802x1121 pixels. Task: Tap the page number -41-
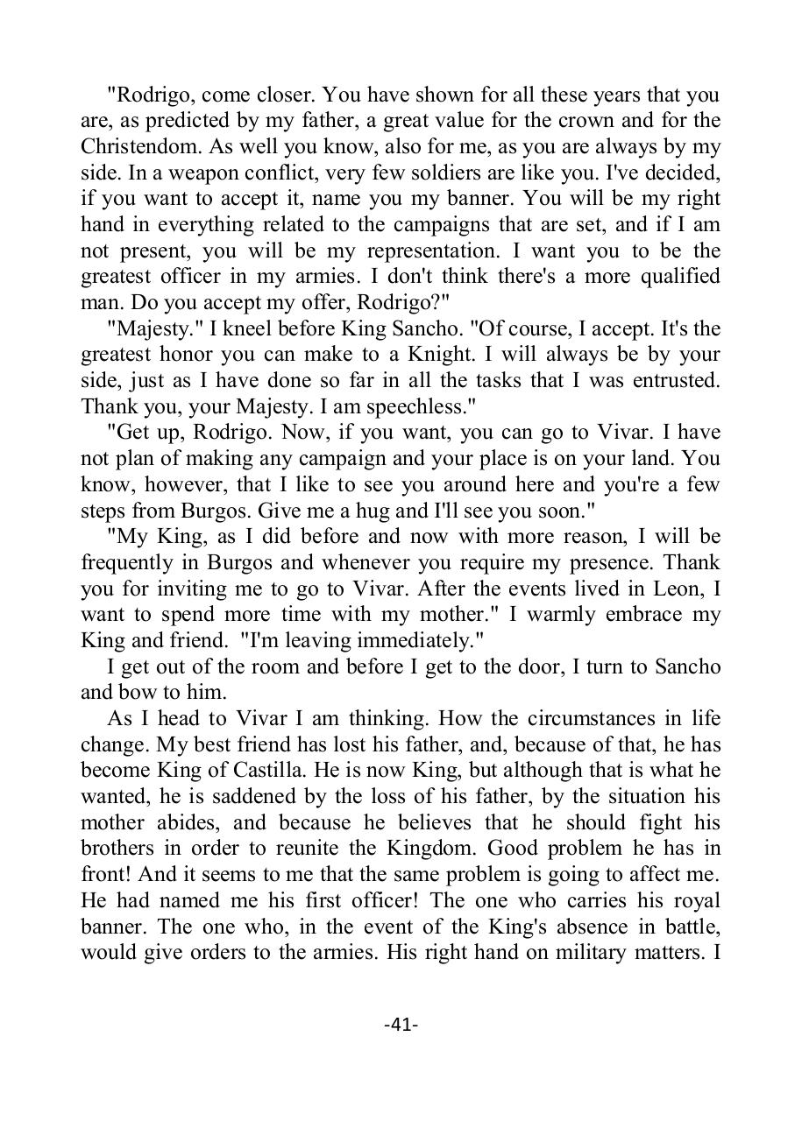[401, 1024]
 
